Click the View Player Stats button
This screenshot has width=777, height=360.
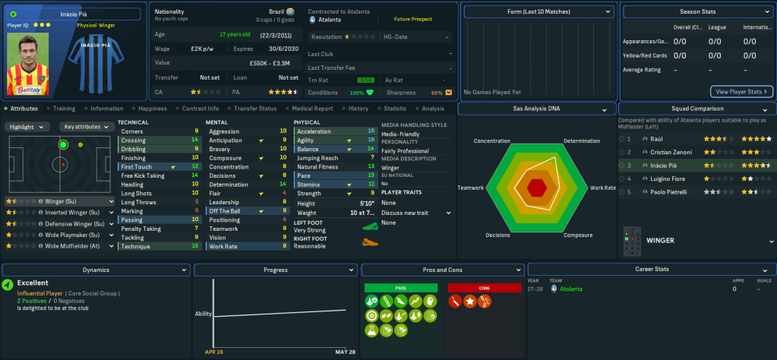click(741, 91)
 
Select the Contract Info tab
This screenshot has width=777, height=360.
click(200, 109)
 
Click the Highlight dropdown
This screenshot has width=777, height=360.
click(29, 127)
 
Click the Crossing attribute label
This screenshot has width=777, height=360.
click(134, 141)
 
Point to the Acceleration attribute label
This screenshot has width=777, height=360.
click(314, 131)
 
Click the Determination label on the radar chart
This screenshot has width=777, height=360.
click(582, 141)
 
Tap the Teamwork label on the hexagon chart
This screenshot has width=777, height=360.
click(471, 188)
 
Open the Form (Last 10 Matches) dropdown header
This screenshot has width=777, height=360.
click(538, 12)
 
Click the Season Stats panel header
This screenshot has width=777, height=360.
click(696, 12)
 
